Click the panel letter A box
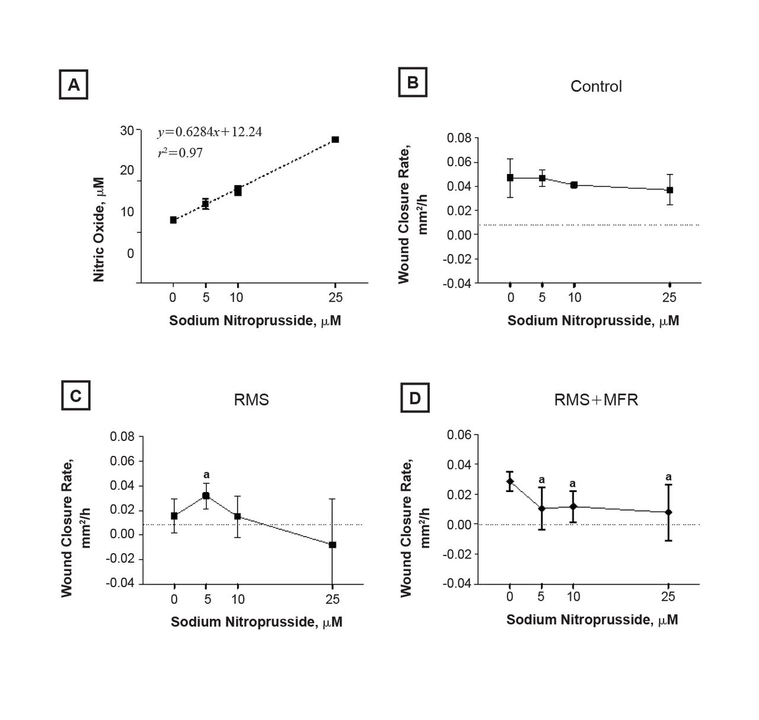(74, 85)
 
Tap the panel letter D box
(414, 398)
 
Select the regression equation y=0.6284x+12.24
(209, 132)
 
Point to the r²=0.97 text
(180, 153)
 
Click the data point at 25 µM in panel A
(335, 139)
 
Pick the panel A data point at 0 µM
(173, 220)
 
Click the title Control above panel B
(596, 87)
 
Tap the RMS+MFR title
(596, 399)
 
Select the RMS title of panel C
(251, 399)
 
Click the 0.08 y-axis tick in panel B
(460, 138)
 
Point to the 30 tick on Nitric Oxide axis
(127, 131)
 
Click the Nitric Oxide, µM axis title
(99, 229)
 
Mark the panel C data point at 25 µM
(333, 544)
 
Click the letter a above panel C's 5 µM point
(206, 475)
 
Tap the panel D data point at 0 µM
(509, 481)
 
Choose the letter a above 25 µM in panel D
(668, 477)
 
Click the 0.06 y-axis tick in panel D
(459, 435)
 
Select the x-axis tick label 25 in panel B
(669, 297)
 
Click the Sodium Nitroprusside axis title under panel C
(256, 622)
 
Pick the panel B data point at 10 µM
(574, 185)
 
